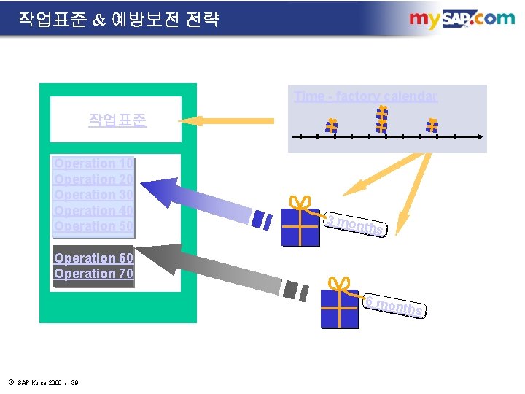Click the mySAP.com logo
(x=461, y=19)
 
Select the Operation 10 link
(x=93, y=163)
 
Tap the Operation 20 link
(x=93, y=179)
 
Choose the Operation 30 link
(x=93, y=195)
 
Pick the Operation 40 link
(x=93, y=211)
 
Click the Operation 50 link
(x=93, y=226)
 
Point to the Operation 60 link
(x=93, y=258)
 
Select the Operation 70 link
(x=93, y=274)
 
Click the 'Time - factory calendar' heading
(x=365, y=96)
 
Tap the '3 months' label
(x=354, y=225)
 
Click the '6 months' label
(x=394, y=306)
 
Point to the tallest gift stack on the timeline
(x=381, y=120)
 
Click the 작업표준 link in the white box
(x=117, y=119)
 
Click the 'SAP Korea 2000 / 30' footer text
(x=44, y=382)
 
